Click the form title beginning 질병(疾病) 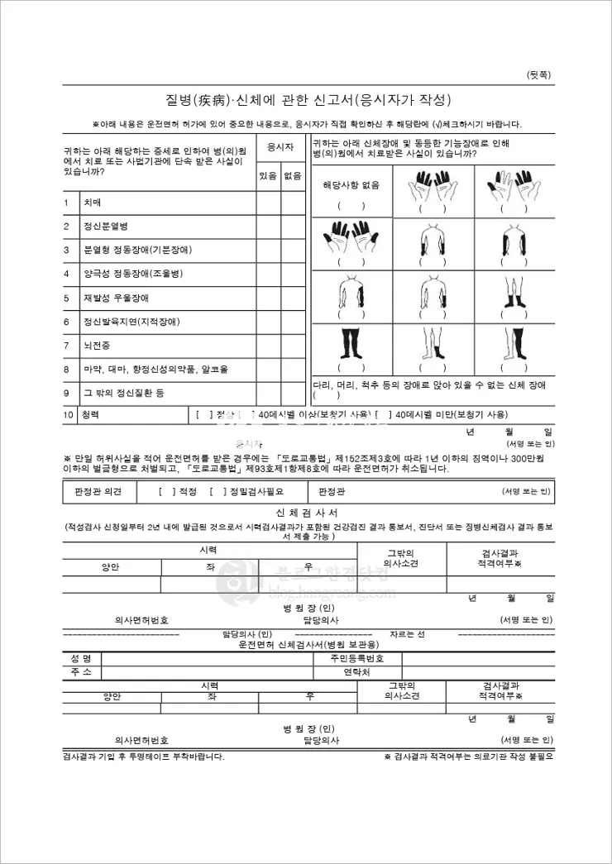tap(307, 100)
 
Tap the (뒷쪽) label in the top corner tap(539, 75)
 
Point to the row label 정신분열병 tap(105, 226)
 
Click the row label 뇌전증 tap(96, 345)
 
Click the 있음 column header tap(268, 175)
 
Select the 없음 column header tap(293, 175)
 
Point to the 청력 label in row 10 tap(90, 414)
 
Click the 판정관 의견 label tap(98, 492)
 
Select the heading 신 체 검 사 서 tap(308, 513)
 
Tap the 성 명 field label tap(81, 659)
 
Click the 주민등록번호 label tap(357, 659)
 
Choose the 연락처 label tap(356, 673)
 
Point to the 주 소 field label tap(81, 673)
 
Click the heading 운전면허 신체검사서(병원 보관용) tap(308, 644)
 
